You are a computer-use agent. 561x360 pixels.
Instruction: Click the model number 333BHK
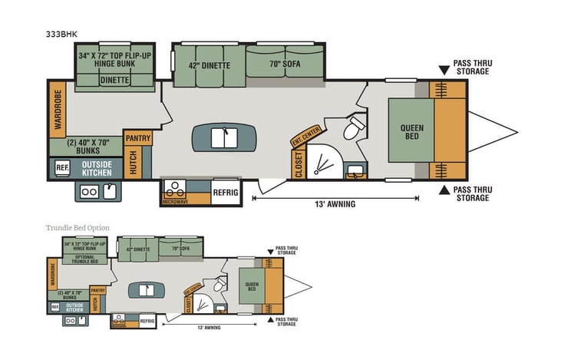(61, 35)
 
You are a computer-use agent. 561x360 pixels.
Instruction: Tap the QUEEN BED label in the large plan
(411, 133)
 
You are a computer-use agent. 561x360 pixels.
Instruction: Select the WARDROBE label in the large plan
(57, 111)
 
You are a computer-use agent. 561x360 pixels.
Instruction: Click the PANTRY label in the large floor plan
(138, 138)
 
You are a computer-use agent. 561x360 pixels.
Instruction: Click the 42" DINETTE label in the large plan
(209, 65)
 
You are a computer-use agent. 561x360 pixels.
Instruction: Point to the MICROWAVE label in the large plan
(175, 201)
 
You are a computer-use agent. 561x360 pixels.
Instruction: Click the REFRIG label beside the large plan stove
(226, 192)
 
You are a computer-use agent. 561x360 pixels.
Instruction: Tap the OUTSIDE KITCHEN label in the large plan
(97, 167)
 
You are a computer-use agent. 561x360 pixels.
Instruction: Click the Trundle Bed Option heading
(78, 228)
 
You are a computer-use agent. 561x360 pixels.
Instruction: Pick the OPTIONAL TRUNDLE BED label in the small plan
(84, 259)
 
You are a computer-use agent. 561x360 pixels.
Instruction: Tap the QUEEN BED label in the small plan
(250, 286)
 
